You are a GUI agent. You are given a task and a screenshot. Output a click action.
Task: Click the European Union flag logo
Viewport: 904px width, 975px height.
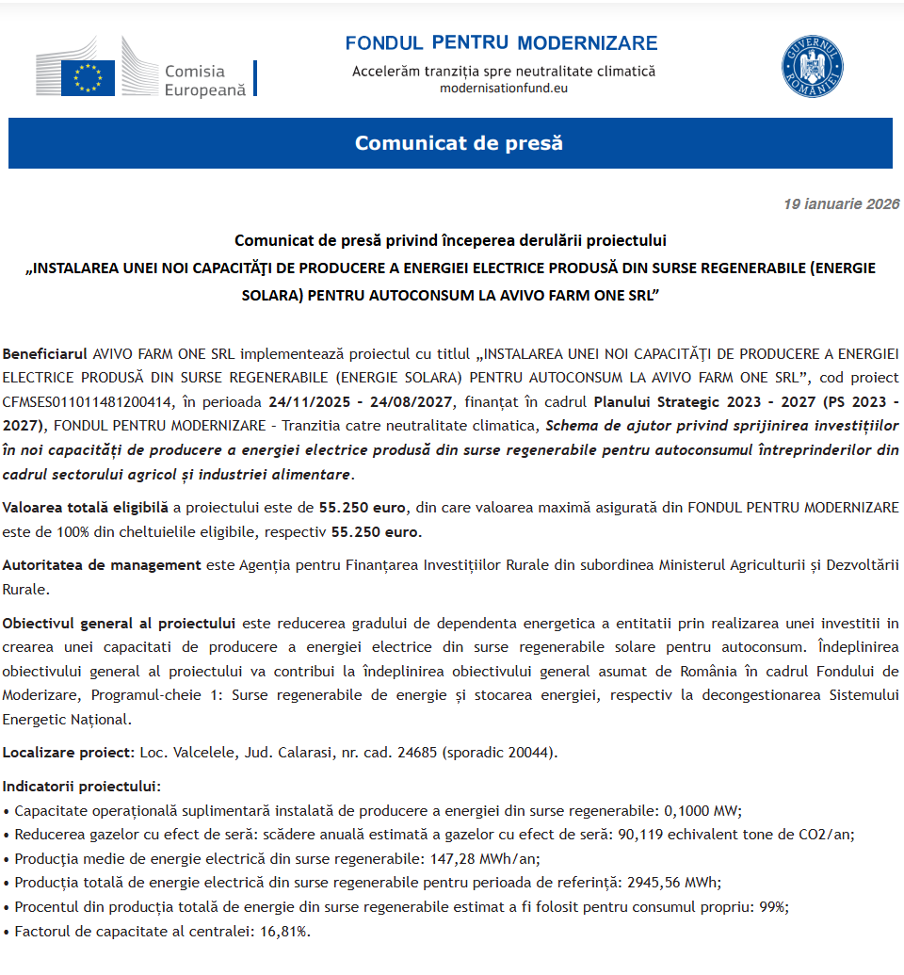[88, 77]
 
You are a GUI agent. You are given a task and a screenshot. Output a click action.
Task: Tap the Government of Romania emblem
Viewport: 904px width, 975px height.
[812, 67]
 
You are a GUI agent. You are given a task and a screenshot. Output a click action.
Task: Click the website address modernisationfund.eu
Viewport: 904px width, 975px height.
[504, 88]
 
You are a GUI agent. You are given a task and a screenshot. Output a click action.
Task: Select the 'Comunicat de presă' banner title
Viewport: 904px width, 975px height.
[458, 143]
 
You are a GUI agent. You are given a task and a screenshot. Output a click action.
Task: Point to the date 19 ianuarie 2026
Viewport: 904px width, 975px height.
[841, 204]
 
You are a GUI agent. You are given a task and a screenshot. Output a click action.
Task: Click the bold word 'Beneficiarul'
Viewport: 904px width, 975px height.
[45, 354]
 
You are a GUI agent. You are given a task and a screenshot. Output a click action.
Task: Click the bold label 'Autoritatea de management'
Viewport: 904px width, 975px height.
[101, 565]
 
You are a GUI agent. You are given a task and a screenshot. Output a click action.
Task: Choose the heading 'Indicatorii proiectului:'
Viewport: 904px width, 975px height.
[82, 786]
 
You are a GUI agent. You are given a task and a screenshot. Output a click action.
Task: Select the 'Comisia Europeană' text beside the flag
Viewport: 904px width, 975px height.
[204, 80]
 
